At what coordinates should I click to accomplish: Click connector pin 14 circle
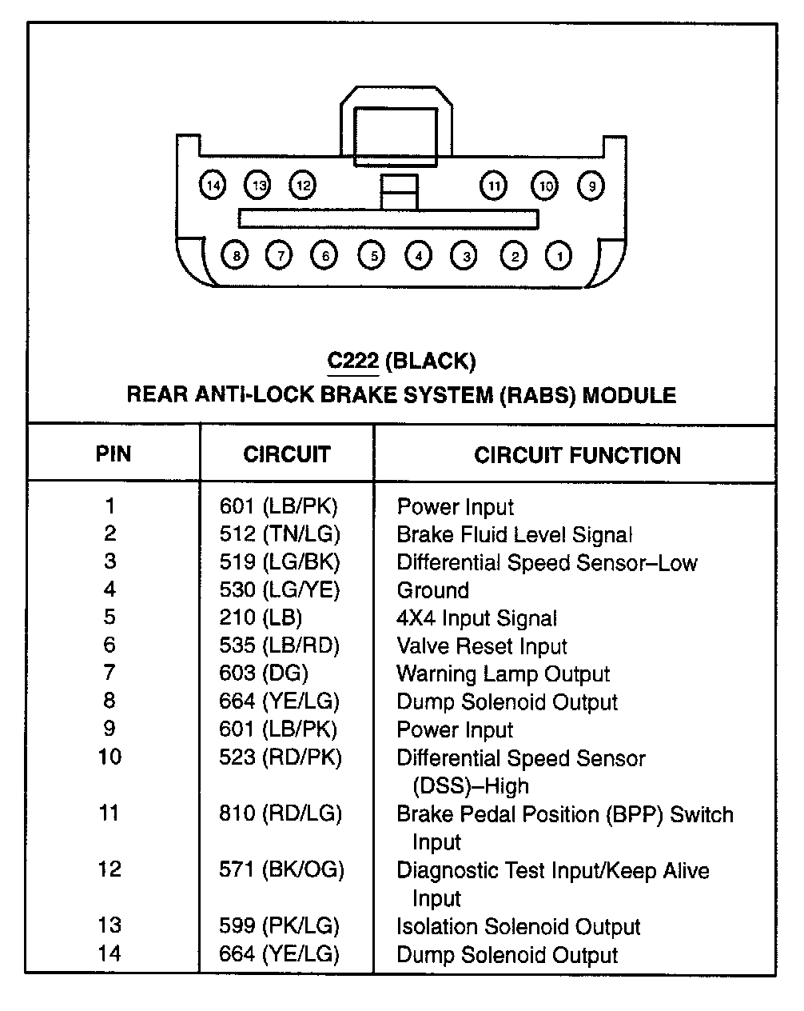coord(212,186)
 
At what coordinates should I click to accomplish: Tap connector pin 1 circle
coord(559,256)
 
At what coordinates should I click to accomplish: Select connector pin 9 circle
coord(591,186)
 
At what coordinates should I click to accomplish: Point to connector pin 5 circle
coord(372,256)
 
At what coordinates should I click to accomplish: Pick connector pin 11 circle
coord(494,186)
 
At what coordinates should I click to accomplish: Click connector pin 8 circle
coord(235,256)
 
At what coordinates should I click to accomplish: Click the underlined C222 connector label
coord(352,361)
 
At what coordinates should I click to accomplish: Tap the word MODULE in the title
coord(628,395)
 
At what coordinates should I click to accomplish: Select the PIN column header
coord(113,454)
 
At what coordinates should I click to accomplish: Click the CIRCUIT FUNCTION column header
coord(577,455)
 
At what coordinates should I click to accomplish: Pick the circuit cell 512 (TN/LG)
coord(280,534)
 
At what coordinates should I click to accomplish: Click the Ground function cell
coord(432,590)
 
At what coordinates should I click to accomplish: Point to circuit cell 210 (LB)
coord(261,618)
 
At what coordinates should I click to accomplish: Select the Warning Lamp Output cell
coord(503,674)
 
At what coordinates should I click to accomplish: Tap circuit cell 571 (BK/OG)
coord(281,869)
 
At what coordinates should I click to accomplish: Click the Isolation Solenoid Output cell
coord(518,926)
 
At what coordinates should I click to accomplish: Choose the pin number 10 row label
coord(109,757)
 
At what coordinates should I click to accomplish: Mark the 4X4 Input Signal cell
coord(476,618)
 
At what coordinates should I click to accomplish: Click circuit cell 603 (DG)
coord(264,674)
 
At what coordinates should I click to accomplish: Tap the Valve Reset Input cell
coord(481,646)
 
